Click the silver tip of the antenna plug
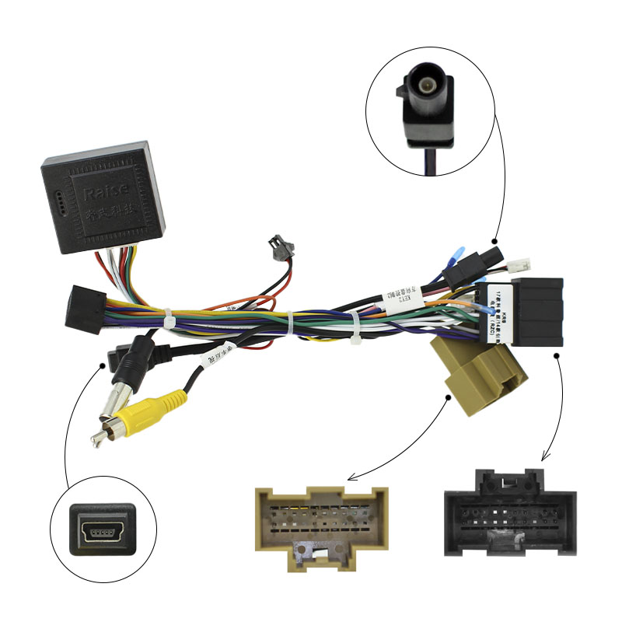click(x=99, y=439)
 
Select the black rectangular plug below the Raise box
click(x=85, y=309)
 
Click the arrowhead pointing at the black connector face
click(x=542, y=458)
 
